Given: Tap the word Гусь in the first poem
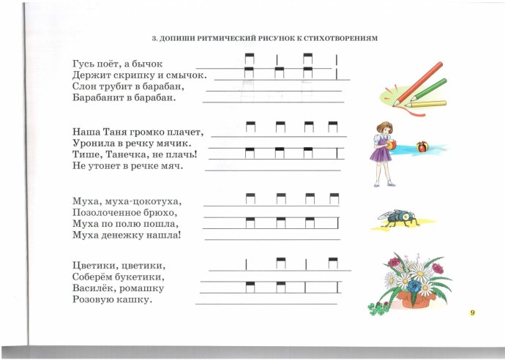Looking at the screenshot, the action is point(83,64).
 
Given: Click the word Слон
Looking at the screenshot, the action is point(84,86).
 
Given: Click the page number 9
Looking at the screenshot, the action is point(473,312).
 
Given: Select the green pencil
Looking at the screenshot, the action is point(428,89).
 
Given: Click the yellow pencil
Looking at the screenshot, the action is point(426,105).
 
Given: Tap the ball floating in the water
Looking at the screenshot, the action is point(422,146).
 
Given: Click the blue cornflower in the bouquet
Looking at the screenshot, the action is point(414,286).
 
